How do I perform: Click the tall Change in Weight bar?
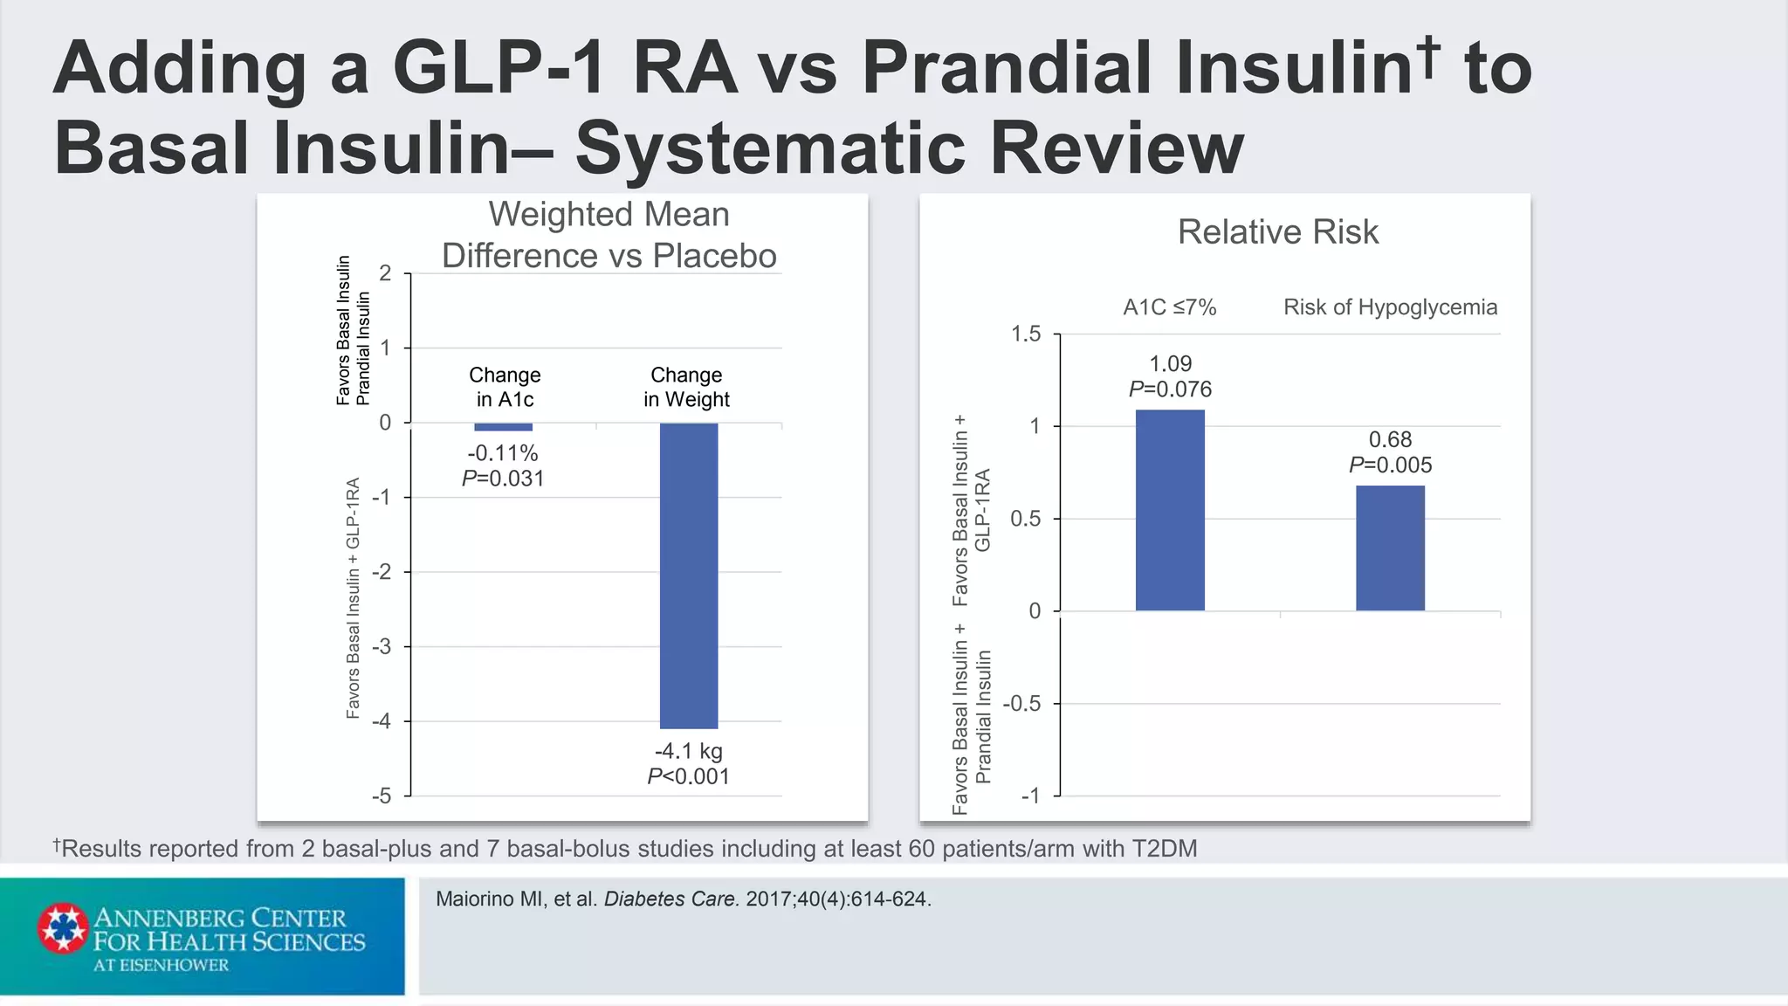[x=689, y=575]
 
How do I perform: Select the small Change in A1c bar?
[x=503, y=427]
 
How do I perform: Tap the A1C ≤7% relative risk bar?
[x=1170, y=510]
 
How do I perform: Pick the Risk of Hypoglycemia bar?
[x=1390, y=548]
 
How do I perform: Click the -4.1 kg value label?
[x=689, y=751]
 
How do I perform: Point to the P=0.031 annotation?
[x=503, y=479]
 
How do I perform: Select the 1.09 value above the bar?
[x=1170, y=363]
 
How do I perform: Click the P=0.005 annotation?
[x=1390, y=465]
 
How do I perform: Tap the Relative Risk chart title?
[x=1277, y=232]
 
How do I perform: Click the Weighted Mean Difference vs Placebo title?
[x=609, y=235]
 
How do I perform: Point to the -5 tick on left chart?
[x=382, y=796]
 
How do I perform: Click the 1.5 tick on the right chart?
[x=1026, y=334]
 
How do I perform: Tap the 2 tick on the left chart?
[x=385, y=273]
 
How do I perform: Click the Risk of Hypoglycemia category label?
[x=1390, y=307]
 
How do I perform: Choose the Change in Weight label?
[x=686, y=387]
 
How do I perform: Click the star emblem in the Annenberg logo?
[x=63, y=927]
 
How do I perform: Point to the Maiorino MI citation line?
[x=683, y=899]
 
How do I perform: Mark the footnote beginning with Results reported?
[x=625, y=848]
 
